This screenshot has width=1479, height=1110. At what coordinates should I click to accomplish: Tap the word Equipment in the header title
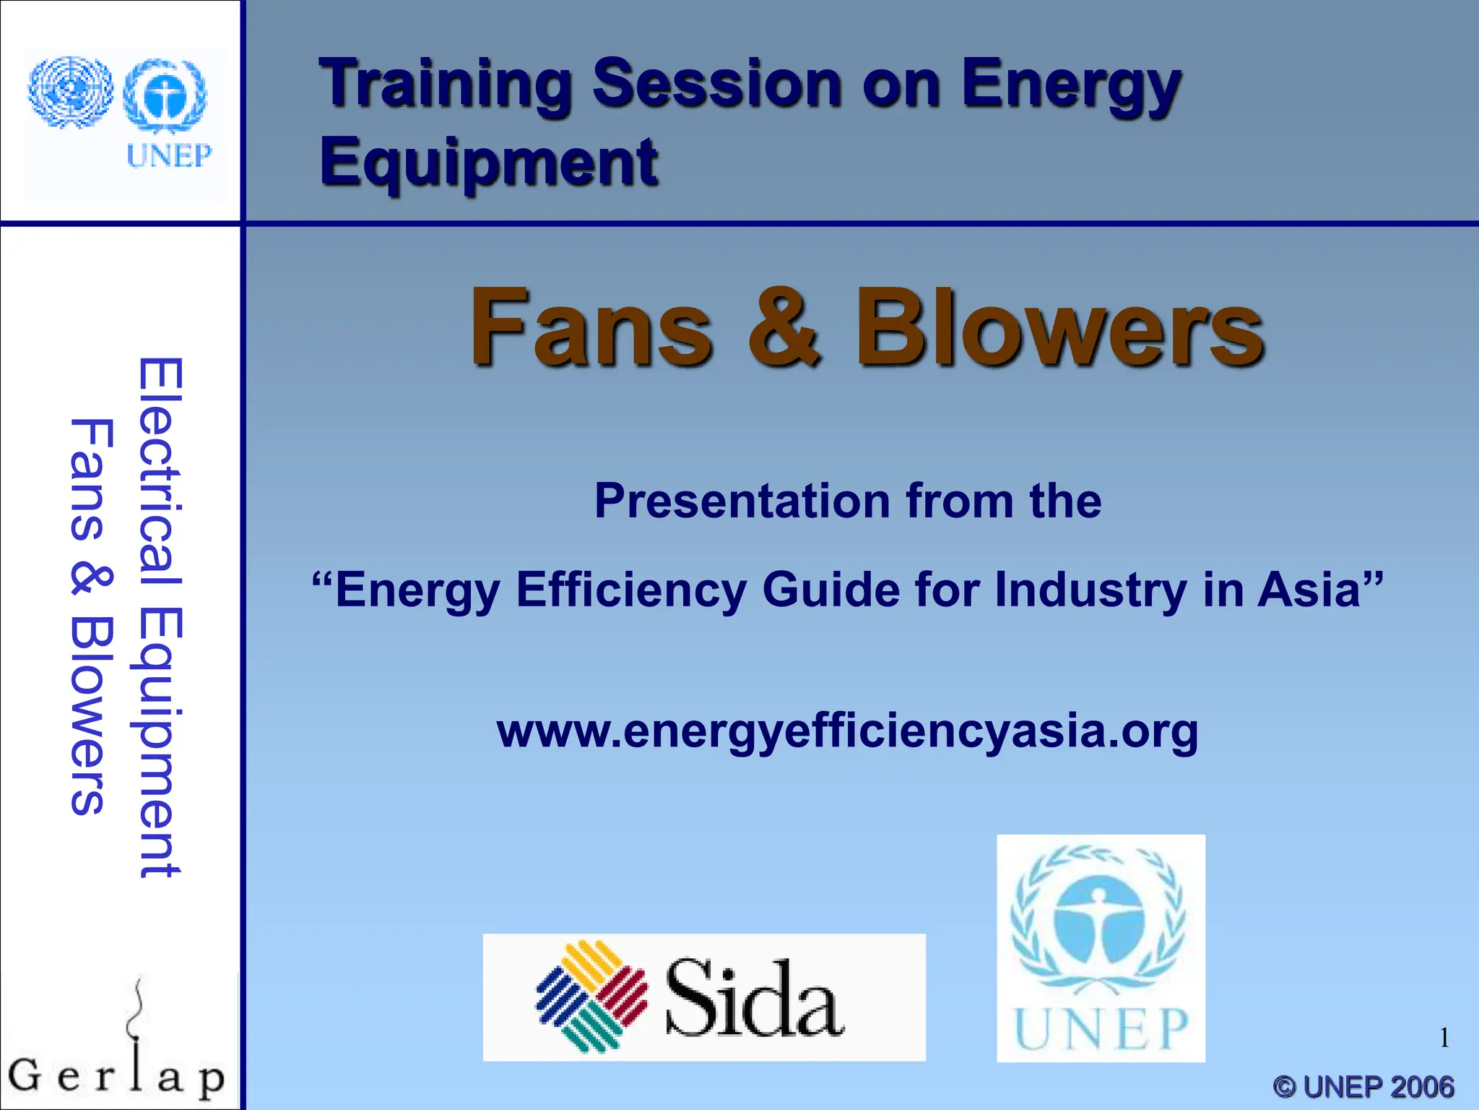[x=489, y=163]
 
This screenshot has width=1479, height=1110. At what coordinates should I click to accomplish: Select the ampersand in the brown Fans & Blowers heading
[x=784, y=327]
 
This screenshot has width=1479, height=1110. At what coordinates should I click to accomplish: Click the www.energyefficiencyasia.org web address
[x=847, y=731]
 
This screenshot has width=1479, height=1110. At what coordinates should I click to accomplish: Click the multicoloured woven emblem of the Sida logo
[x=592, y=996]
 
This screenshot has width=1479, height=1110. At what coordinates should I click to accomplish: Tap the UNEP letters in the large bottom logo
[x=1101, y=1028]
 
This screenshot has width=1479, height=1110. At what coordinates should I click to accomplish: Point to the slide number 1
[x=1444, y=1038]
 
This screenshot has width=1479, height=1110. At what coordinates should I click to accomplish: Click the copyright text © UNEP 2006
[x=1363, y=1087]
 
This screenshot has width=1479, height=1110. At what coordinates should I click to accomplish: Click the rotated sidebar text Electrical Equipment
[x=160, y=618]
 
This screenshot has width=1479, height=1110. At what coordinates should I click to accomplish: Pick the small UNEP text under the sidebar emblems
[x=169, y=155]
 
